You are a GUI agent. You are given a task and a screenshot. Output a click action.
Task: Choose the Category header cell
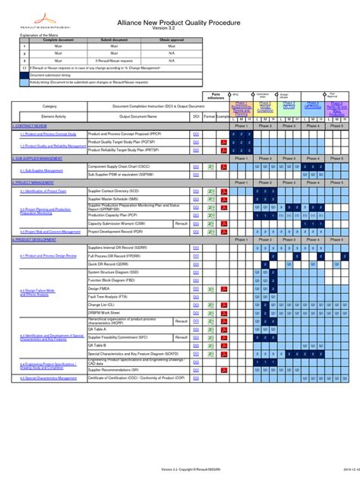coord(49,107)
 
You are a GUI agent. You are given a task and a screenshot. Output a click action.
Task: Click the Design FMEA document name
coord(100,289)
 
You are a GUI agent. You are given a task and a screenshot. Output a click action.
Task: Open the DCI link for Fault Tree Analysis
coord(197,297)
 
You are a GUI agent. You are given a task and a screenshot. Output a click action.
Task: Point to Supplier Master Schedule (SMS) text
coord(113,199)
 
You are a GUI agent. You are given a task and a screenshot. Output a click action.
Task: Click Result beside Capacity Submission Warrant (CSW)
coord(181,224)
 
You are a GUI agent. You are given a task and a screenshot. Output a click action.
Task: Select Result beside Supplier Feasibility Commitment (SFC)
coord(181,337)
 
